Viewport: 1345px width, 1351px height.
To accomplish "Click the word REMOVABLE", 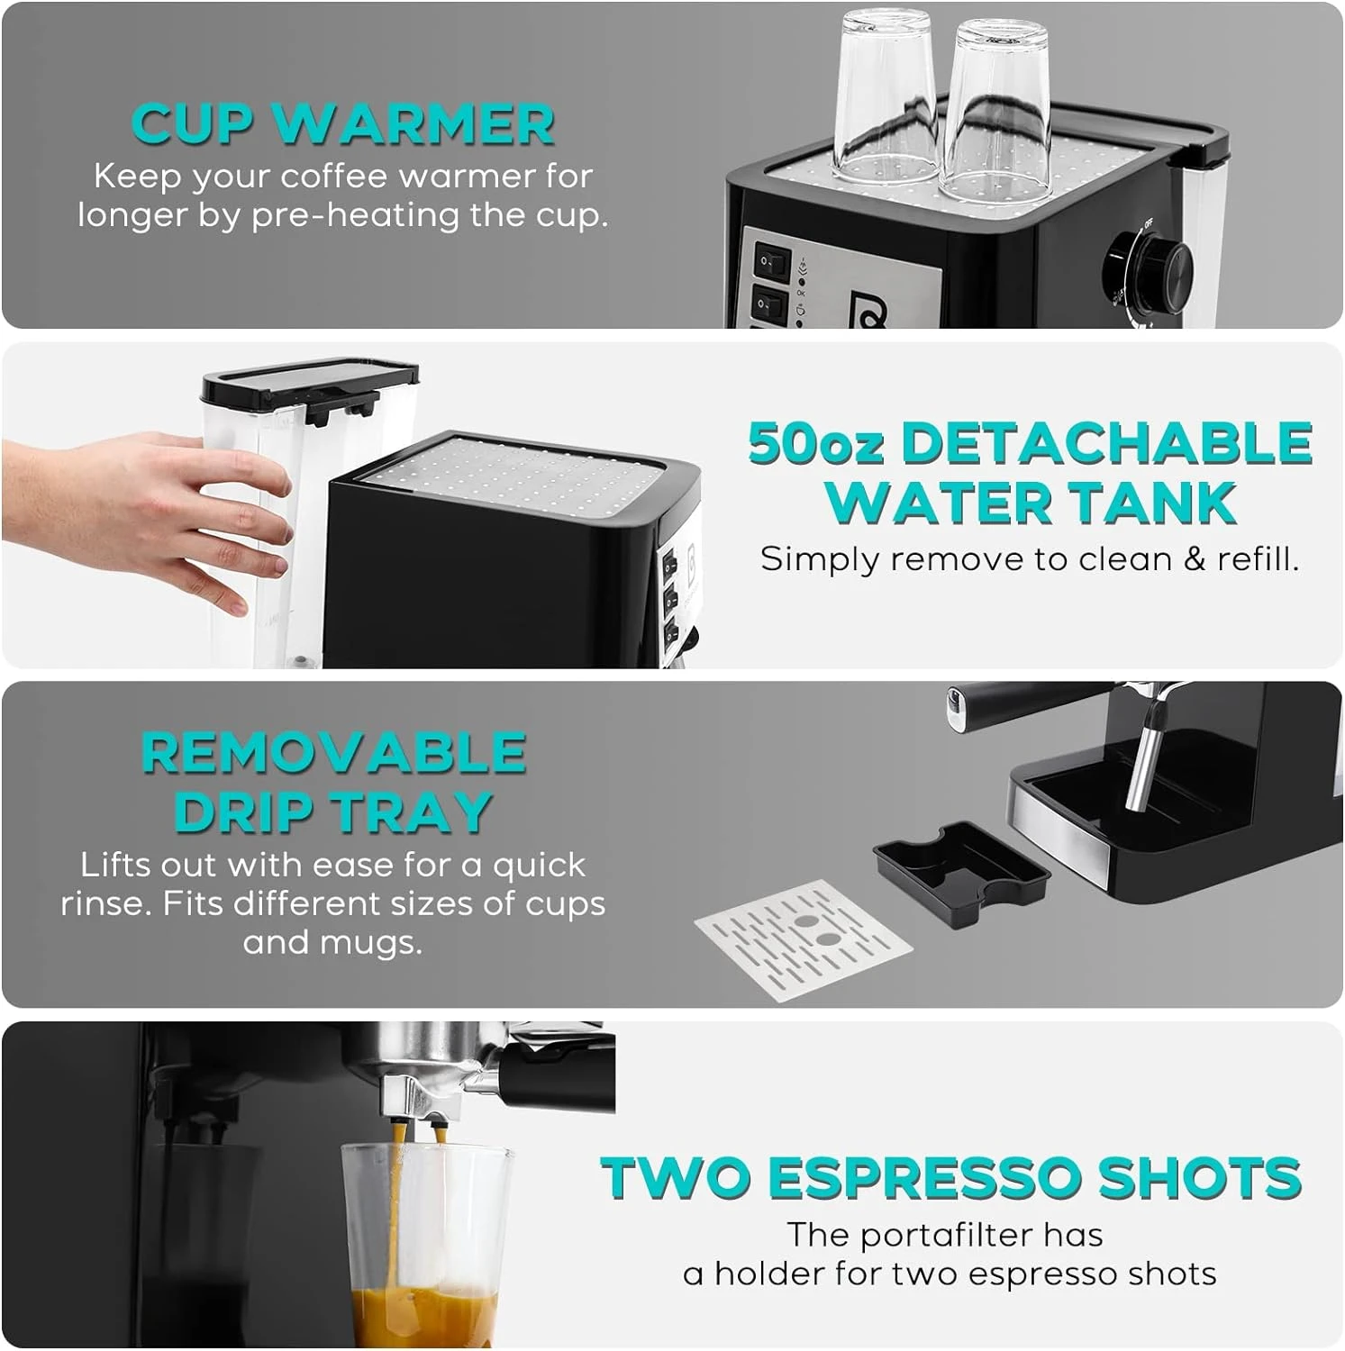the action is coord(334,753).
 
